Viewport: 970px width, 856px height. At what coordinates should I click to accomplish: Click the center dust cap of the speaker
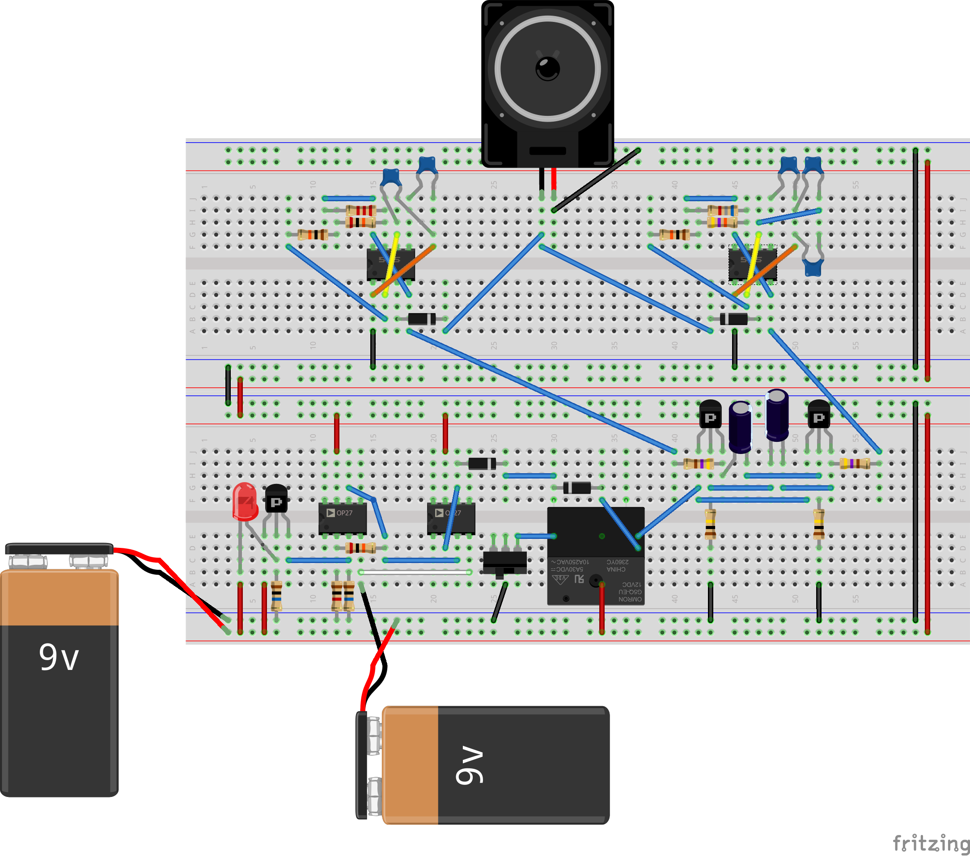(x=548, y=68)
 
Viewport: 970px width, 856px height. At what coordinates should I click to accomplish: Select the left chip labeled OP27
(x=342, y=518)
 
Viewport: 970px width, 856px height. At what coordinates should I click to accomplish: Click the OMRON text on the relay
(x=630, y=599)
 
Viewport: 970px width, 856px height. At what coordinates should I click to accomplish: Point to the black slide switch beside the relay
(x=504, y=563)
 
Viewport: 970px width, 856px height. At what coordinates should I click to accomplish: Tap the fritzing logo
(x=930, y=843)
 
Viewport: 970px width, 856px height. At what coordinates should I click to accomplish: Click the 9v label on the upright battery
(x=59, y=658)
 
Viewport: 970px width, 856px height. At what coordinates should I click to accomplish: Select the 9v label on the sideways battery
(x=469, y=765)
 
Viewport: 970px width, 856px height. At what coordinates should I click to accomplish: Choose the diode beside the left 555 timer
(x=422, y=319)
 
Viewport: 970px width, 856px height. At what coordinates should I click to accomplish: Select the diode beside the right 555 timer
(x=734, y=319)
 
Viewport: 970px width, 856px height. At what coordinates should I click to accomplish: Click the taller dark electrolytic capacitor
(x=777, y=415)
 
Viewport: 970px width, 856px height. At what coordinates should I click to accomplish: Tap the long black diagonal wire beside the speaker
(x=597, y=180)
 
